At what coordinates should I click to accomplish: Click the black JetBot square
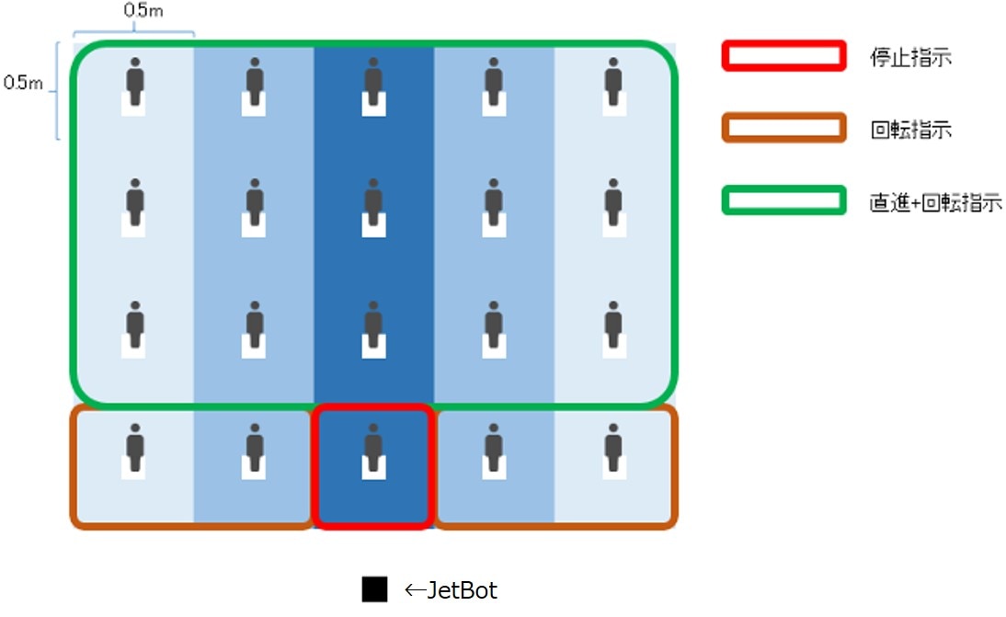374,589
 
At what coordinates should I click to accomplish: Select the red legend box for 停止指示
783,56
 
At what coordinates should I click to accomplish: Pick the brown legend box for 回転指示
783,128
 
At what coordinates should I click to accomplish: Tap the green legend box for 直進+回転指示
783,200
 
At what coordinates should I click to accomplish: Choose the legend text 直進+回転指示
934,202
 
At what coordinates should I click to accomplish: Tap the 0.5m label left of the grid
23,84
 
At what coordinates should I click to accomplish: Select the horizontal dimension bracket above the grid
134,33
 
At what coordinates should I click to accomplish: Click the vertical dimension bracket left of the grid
58,91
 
